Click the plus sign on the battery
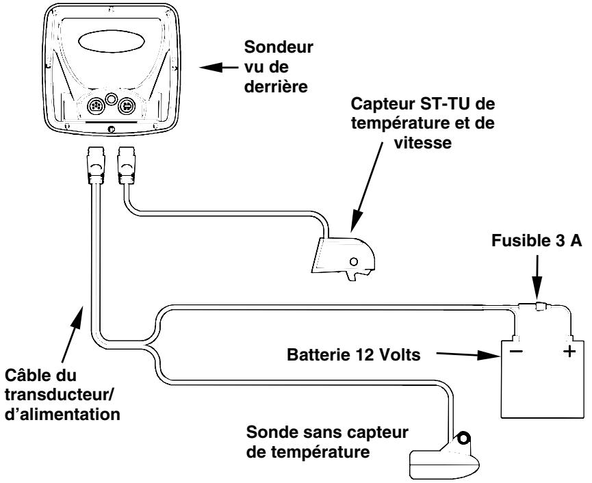(x=571, y=355)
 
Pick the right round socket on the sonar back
(x=126, y=106)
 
